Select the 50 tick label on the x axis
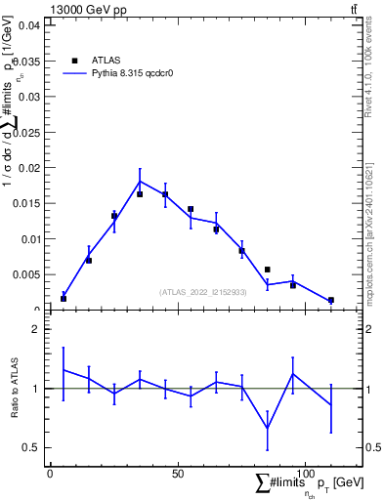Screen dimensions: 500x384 178,473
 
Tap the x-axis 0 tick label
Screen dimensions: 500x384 51,473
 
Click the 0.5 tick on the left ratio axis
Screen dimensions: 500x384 32,447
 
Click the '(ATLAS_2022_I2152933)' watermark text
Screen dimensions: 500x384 203,291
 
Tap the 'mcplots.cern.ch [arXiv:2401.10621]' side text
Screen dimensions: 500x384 368,225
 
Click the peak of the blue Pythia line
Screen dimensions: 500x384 140,181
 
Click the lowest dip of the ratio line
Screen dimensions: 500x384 268,428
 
